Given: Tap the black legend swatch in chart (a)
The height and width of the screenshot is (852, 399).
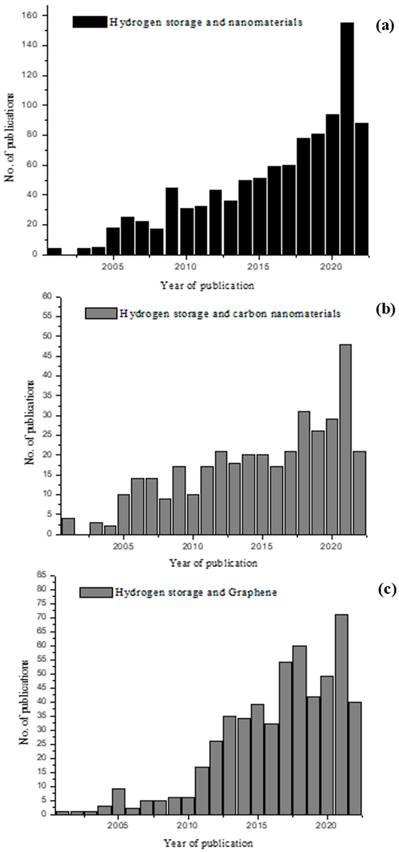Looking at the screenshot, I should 89,22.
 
